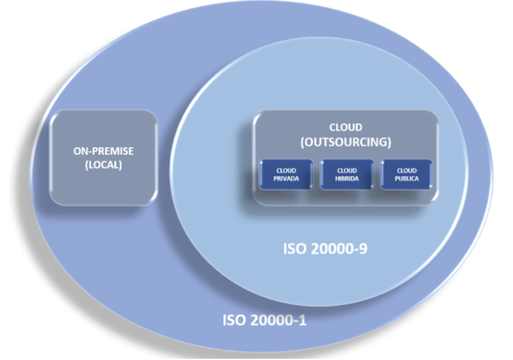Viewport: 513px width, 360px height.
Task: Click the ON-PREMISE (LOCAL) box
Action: [104, 157]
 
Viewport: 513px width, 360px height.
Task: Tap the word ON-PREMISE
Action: [104, 151]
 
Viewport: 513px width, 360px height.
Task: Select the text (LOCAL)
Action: [104, 165]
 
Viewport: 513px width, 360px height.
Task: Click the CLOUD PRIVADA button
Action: [286, 174]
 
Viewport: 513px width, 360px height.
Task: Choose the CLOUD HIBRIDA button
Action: [347, 174]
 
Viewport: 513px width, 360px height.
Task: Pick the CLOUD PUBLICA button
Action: [406, 174]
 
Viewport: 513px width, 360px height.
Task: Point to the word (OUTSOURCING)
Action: [345, 142]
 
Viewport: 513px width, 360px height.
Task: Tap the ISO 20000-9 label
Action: [325, 249]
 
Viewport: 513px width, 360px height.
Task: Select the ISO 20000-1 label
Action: [264, 320]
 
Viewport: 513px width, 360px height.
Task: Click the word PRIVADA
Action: [286, 178]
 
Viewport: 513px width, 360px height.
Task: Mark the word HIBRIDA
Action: [347, 178]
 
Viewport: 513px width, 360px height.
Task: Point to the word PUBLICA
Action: [406, 178]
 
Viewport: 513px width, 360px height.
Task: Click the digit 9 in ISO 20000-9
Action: [363, 249]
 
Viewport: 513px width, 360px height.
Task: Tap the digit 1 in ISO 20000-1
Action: [303, 320]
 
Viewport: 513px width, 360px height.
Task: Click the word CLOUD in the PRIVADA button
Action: [286, 171]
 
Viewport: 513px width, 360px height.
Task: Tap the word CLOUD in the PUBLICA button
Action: [406, 171]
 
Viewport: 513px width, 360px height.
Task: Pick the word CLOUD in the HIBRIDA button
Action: [347, 171]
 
